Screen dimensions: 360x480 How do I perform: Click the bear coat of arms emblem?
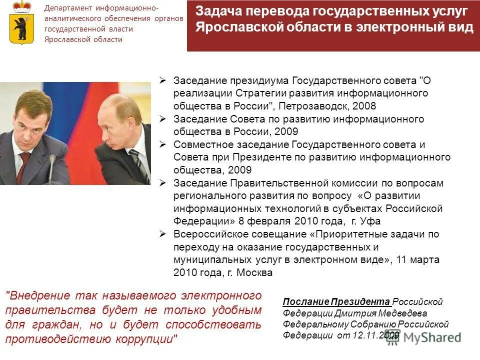click(x=20, y=22)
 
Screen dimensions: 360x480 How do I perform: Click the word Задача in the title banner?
click(x=218, y=10)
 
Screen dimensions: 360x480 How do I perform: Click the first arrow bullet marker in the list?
click(x=162, y=80)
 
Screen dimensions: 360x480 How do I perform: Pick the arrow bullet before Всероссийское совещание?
click(x=162, y=234)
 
